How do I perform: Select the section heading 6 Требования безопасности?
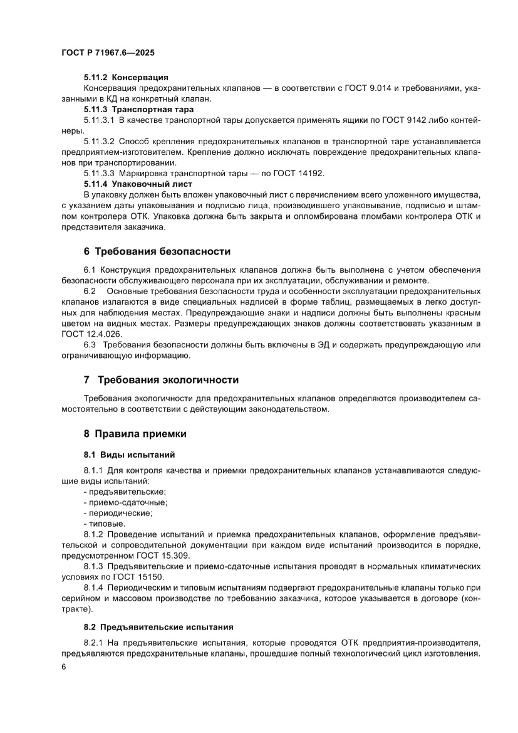click(x=157, y=251)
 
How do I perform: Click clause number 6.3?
click(x=90, y=345)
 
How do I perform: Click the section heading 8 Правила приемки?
click(x=135, y=433)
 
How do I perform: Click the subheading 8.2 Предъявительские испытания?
click(x=158, y=626)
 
